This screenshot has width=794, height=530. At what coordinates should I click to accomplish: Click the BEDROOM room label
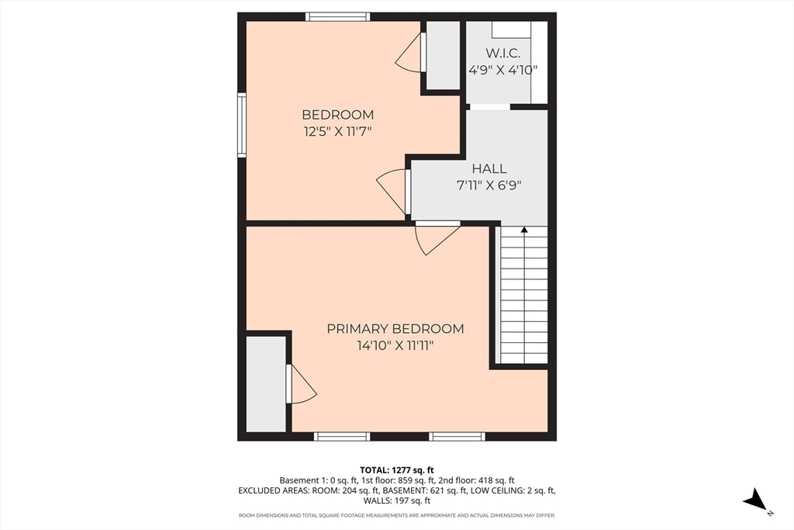click(x=338, y=115)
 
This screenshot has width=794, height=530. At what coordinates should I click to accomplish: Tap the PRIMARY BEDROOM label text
click(x=395, y=328)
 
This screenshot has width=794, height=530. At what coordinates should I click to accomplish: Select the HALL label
click(x=488, y=168)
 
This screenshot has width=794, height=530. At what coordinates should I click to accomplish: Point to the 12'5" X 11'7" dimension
click(x=338, y=132)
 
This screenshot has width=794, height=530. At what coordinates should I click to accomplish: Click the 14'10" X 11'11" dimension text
click(x=395, y=345)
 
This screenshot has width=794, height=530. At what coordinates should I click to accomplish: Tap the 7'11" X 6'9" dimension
click(x=488, y=185)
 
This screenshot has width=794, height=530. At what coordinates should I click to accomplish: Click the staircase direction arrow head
click(x=524, y=230)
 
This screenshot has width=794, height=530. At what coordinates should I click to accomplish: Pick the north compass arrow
click(x=756, y=501)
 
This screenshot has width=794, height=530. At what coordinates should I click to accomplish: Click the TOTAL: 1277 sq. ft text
click(x=396, y=469)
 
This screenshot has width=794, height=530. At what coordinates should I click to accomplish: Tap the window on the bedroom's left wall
click(x=242, y=125)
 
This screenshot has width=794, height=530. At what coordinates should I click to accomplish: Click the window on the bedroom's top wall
click(x=337, y=16)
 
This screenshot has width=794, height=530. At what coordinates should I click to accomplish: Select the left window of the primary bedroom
click(x=342, y=436)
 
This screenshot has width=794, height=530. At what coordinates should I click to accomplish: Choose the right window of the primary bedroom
click(x=457, y=436)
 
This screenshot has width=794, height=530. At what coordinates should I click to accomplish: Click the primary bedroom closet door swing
click(x=301, y=386)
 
